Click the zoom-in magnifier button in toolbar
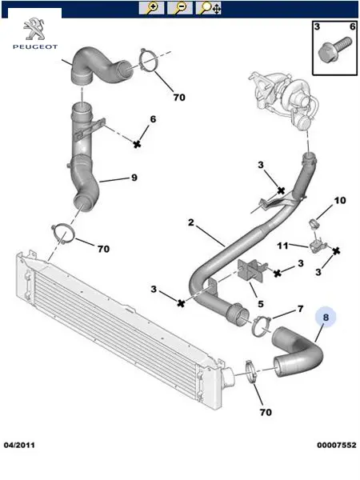(x=151, y=8)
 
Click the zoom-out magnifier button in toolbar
(x=180, y=8)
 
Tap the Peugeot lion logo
(x=34, y=30)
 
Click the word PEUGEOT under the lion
(x=35, y=47)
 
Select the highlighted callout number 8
(x=326, y=317)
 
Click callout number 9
(x=134, y=178)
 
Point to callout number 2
(x=191, y=222)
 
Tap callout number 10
(x=340, y=201)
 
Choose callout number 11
(x=282, y=246)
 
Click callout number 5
(x=261, y=304)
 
